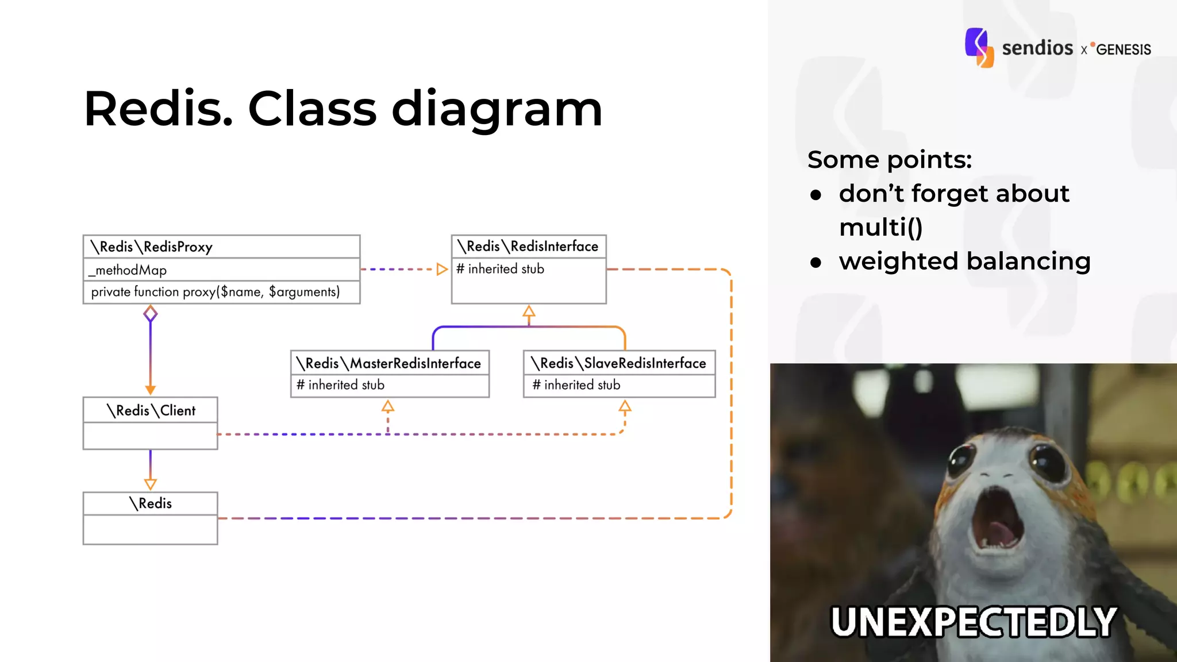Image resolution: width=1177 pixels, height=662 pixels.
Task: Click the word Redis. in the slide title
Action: [158, 109]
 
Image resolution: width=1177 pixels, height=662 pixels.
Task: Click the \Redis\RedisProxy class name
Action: [152, 247]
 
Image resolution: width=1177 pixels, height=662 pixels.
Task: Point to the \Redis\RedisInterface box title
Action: [528, 247]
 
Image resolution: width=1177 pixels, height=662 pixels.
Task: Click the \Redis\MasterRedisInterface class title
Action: [389, 363]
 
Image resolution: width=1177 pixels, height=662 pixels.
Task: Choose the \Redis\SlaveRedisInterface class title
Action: [619, 363]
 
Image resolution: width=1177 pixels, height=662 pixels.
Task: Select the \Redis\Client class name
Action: [151, 410]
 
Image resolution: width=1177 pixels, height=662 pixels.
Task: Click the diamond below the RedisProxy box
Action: [151, 314]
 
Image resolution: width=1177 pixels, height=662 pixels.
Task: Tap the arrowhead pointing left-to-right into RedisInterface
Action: [441, 269]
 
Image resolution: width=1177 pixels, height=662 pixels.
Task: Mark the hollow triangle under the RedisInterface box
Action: [529, 312]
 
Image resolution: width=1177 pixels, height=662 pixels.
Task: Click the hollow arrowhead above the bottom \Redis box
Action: [151, 484]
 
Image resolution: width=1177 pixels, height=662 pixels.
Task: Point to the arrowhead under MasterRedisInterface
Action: [388, 407]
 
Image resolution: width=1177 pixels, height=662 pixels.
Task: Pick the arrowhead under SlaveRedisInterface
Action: [625, 407]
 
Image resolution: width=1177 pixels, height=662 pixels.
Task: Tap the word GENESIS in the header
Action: [1123, 50]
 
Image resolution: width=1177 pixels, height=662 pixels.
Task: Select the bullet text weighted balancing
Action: [964, 261]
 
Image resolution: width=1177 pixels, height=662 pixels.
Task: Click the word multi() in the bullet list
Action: [880, 227]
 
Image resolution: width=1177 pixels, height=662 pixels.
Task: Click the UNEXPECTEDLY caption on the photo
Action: [974, 622]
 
